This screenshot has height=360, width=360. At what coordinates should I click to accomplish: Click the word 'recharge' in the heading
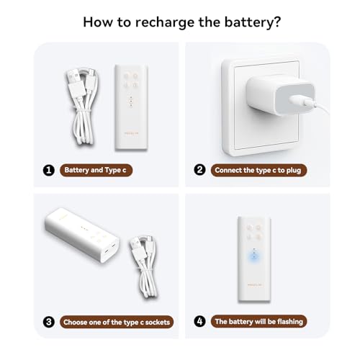pyautogui.click(x=166, y=22)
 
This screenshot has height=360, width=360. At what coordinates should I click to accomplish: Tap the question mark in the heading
pyautogui.click(x=276, y=22)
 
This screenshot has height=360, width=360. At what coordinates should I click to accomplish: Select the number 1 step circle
pyautogui.click(x=49, y=171)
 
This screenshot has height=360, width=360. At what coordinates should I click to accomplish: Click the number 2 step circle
pyautogui.click(x=199, y=170)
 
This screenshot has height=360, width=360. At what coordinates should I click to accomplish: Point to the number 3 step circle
pyautogui.click(x=49, y=322)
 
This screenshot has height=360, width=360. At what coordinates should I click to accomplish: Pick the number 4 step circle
pyautogui.click(x=199, y=321)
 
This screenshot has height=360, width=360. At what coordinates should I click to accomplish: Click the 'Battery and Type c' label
pyautogui.click(x=96, y=171)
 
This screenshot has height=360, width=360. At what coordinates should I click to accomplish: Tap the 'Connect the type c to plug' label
pyautogui.click(x=258, y=171)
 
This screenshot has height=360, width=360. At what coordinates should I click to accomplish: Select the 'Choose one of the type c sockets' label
pyautogui.click(x=117, y=322)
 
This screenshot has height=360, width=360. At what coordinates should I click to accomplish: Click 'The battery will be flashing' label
pyautogui.click(x=258, y=321)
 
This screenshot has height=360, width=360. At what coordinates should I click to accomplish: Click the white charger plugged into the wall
pyautogui.click(x=280, y=95)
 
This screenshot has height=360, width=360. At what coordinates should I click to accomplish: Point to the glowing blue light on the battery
pyautogui.click(x=254, y=257)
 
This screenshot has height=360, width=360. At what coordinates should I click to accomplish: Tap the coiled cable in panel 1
pyautogui.click(x=82, y=107)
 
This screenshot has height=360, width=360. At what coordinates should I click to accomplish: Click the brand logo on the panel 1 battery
pyautogui.click(x=132, y=134)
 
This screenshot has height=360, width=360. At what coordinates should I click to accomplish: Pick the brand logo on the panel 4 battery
pyautogui.click(x=254, y=285)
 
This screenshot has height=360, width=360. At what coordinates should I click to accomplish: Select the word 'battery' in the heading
pyautogui.click(x=248, y=22)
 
